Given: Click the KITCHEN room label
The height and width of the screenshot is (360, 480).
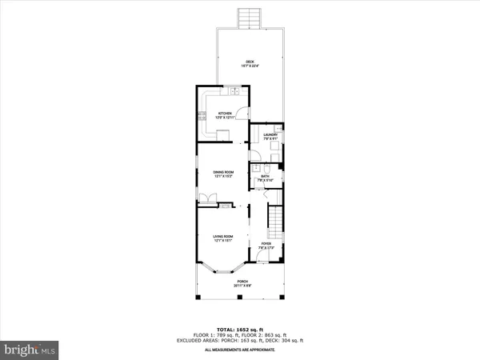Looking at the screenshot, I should click(x=224, y=114).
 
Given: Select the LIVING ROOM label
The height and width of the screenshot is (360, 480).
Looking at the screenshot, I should click(x=222, y=237).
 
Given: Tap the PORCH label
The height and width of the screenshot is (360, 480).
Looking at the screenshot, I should click(x=241, y=282).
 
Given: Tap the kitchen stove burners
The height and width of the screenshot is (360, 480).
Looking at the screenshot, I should click(x=201, y=118).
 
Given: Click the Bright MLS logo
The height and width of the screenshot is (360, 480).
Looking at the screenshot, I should click(x=30, y=350).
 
